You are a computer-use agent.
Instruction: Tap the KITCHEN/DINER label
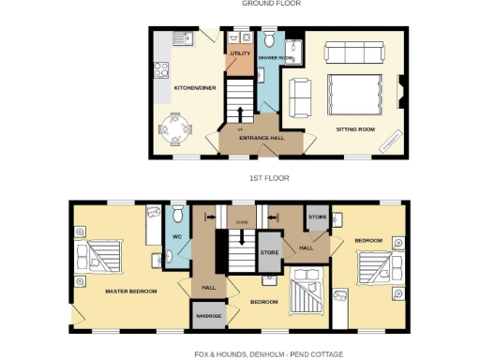190,87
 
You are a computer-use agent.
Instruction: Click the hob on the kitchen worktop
159,67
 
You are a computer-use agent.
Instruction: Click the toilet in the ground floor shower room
268,40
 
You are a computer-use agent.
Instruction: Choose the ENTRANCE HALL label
262,138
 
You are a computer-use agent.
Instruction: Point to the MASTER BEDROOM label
130,291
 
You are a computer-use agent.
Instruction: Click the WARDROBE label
207,314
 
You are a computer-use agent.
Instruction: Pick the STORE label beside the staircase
269,251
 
